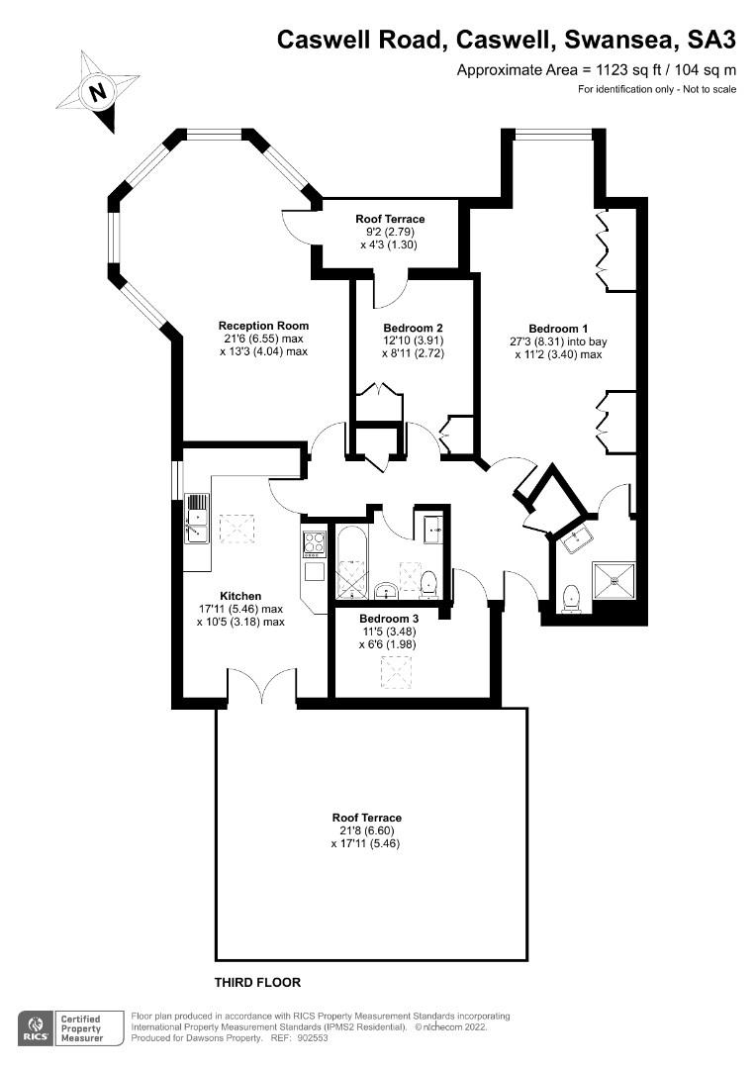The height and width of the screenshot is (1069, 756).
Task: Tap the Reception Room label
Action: point(263,326)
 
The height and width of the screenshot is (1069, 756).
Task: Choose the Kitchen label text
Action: point(240,596)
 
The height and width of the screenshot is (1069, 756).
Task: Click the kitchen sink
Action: point(197,518)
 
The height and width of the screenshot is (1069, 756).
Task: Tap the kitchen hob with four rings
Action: point(315,543)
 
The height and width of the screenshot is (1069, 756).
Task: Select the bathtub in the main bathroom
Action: point(352,564)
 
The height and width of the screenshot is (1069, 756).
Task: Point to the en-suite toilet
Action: point(571,598)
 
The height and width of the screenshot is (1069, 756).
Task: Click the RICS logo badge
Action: point(35,1026)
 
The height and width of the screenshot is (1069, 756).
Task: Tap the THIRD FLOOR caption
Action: point(257,983)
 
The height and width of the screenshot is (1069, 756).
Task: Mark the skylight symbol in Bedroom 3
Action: point(396,673)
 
